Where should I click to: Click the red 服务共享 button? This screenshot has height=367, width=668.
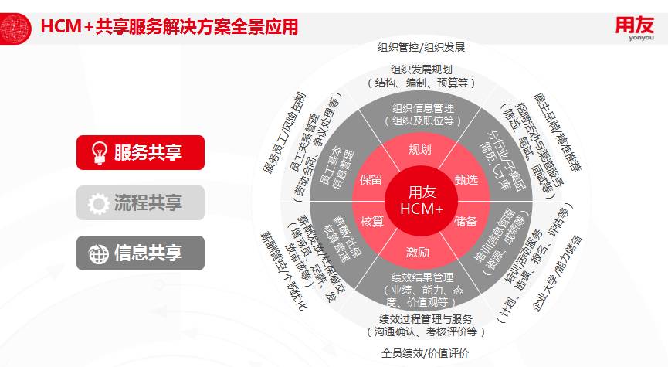140,152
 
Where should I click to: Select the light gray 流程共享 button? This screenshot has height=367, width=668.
140,203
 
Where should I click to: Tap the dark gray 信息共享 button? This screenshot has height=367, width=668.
140,253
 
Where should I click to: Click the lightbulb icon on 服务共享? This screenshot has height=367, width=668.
99,152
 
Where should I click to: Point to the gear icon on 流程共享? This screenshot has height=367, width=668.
99,203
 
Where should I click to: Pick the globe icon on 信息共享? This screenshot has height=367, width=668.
99,253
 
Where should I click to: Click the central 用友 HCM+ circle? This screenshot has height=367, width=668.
421,199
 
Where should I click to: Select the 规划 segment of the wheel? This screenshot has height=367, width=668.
420,150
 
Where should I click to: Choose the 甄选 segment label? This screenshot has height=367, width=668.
466,179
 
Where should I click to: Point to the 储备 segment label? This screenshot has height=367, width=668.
466,222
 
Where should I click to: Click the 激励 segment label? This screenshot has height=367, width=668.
420,252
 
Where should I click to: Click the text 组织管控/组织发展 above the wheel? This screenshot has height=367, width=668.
421,47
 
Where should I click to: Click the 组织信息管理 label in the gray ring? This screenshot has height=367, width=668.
422,108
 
